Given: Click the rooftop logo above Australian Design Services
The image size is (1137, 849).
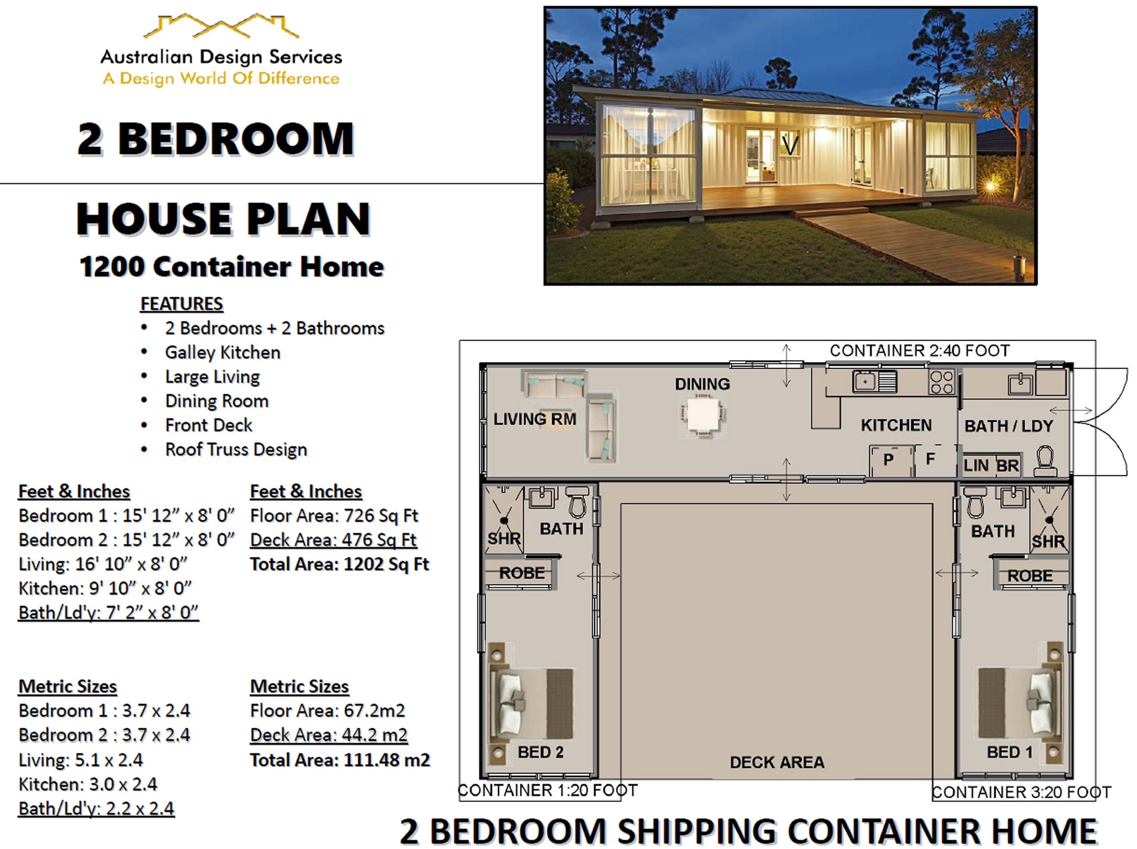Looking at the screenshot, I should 221,27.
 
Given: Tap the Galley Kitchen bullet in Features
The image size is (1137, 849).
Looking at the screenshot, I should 222,352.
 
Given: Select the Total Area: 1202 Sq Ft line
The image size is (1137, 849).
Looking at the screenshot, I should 339,564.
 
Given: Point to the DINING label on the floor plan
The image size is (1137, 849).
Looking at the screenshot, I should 702,384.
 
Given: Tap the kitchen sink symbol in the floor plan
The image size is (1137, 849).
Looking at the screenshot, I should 865,381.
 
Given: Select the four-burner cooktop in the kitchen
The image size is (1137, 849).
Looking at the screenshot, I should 941,382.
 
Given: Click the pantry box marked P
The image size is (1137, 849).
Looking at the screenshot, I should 888,460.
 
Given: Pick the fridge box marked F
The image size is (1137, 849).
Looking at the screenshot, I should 930,459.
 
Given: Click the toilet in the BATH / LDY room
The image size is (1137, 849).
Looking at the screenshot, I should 1045,461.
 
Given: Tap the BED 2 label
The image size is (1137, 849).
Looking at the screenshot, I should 540,752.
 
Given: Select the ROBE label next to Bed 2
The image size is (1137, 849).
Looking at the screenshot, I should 522,573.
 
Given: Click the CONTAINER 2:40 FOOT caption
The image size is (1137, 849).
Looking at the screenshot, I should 919,351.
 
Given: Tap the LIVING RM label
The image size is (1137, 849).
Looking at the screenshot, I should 534,419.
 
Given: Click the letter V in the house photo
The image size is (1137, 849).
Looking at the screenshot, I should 790,146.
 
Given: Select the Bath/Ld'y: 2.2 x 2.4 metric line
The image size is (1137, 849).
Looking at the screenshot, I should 96,808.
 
